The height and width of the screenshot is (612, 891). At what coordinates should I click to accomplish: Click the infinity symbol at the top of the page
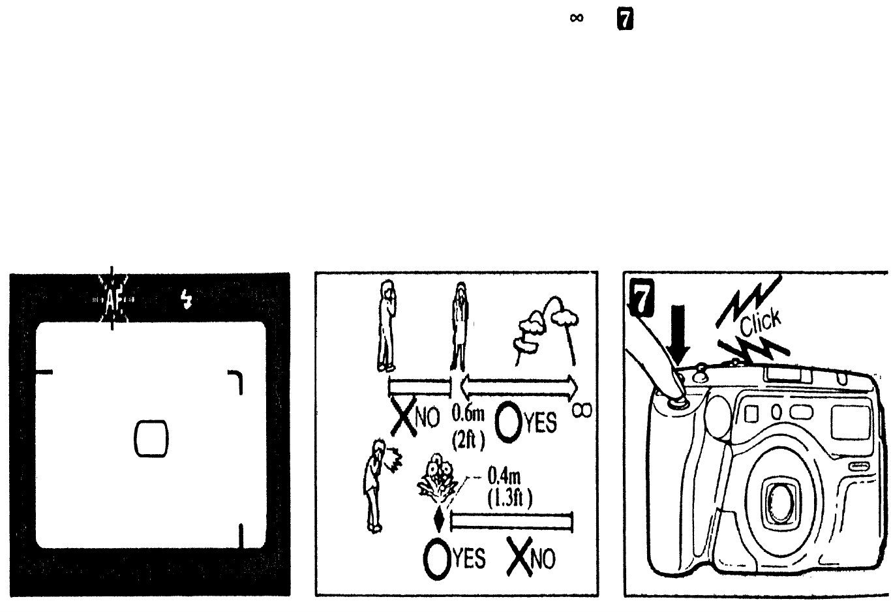(x=575, y=19)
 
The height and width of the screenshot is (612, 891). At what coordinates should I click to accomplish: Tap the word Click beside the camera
(x=760, y=323)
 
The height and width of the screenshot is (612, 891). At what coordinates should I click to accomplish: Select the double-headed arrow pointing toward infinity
(x=519, y=388)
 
